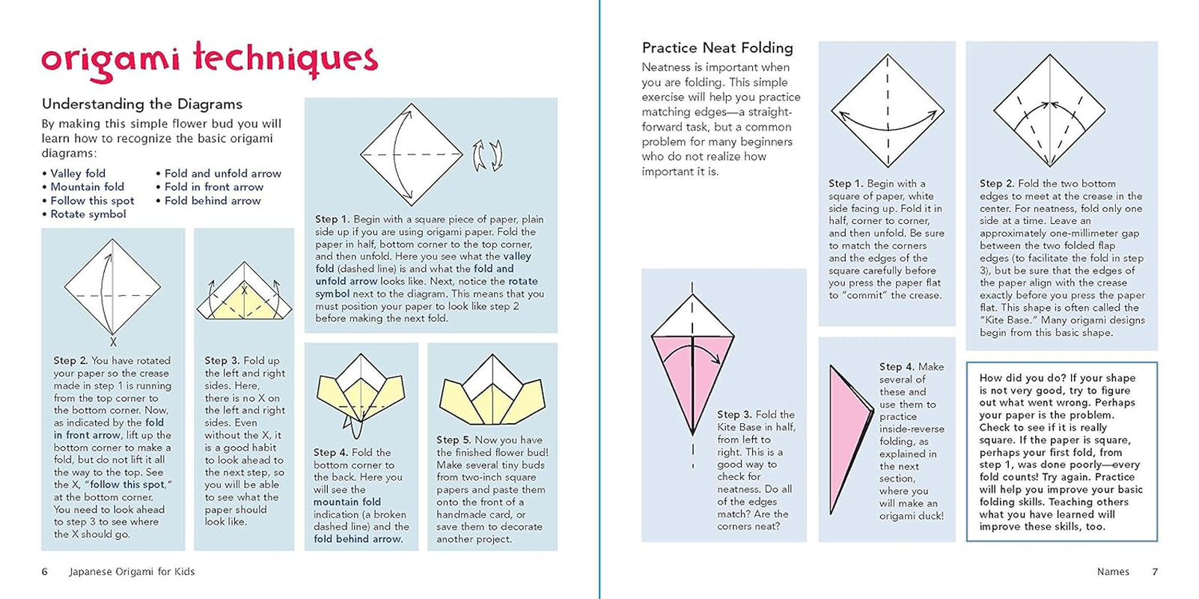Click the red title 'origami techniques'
210,60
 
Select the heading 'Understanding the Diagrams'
142,104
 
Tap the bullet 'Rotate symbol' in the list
88,214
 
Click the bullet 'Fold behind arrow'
213,201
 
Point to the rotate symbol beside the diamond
487,155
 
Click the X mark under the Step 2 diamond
113,342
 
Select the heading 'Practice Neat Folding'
717,48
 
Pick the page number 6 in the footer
44,571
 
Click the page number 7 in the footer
1155,571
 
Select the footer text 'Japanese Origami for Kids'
132,571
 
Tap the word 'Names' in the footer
1113,571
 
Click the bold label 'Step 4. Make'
911,367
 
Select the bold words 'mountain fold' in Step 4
347,502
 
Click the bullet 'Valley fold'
78,174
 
